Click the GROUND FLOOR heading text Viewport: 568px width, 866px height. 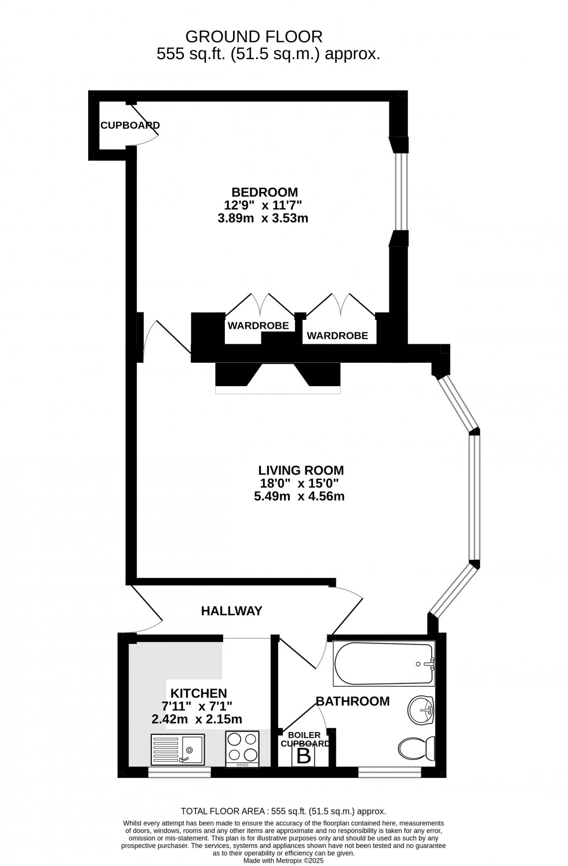click(x=253, y=37)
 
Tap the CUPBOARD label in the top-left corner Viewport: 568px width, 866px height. click(x=130, y=125)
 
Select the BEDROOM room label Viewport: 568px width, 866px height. click(x=265, y=192)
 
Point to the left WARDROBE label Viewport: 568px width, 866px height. click(x=258, y=326)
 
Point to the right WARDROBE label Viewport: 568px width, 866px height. click(x=337, y=336)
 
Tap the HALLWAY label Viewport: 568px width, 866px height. click(x=231, y=610)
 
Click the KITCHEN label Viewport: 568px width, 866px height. click(x=198, y=693)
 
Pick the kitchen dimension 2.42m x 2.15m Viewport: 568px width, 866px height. click(x=196, y=719)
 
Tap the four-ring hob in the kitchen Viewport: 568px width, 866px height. click(x=242, y=748)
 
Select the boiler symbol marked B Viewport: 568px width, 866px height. click(x=303, y=756)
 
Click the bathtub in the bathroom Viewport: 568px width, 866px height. click(x=384, y=664)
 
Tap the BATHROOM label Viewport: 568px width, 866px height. click(x=352, y=701)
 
